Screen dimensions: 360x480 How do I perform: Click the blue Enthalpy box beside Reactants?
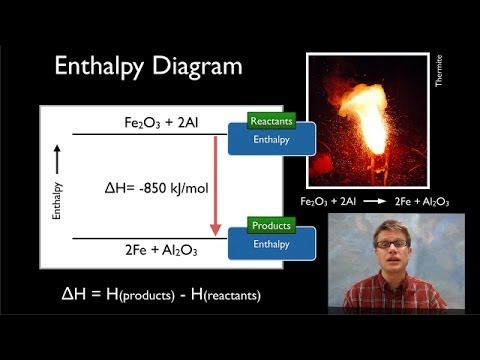[x=270, y=140]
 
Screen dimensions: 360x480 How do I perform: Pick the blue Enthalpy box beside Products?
[x=270, y=244]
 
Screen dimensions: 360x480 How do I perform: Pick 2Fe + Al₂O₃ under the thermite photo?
[x=420, y=201]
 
